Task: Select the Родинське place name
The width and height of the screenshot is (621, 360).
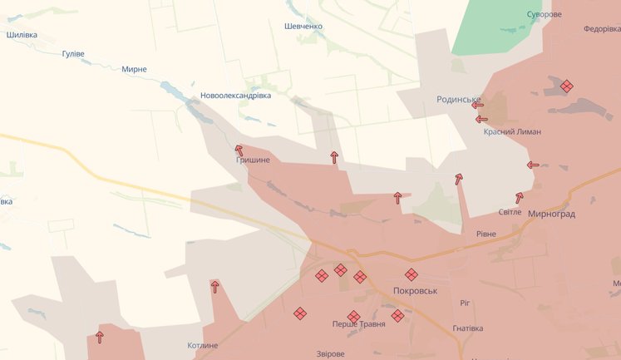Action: (460, 100)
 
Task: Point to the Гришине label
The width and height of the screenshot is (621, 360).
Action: (253, 160)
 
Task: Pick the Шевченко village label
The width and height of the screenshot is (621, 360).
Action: (303, 27)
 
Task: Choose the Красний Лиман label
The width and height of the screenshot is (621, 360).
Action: (512, 131)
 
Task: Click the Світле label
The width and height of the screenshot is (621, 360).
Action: (510, 212)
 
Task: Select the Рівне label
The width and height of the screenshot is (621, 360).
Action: (485, 234)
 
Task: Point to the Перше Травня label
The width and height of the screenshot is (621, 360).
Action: (358, 323)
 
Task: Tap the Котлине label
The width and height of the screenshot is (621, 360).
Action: (202, 345)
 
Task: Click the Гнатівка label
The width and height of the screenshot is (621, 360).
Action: (467, 328)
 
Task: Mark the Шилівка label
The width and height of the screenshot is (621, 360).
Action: (22, 35)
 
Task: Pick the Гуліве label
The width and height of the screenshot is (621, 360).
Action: (73, 54)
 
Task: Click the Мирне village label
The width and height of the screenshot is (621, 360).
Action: (134, 69)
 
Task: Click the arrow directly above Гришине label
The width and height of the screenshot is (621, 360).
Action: (239, 150)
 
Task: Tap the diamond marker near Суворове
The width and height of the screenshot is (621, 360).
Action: (566, 86)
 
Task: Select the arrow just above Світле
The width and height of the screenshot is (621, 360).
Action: (520, 198)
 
